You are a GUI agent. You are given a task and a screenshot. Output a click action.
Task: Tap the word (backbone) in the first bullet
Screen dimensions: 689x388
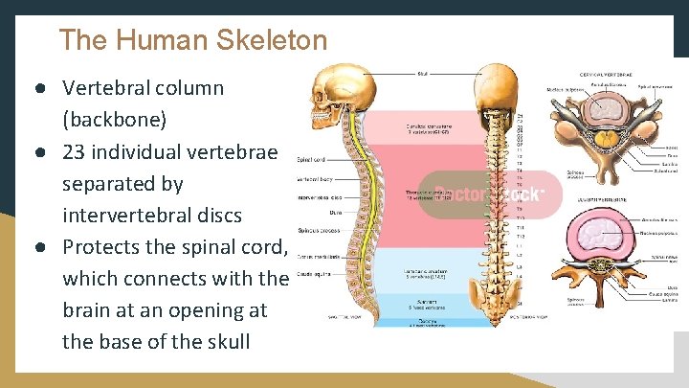tap(114, 120)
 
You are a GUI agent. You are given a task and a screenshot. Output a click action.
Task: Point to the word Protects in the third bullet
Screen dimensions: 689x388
tap(106, 246)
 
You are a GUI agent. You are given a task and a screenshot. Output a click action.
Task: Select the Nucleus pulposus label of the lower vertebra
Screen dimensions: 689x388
tap(659, 231)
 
